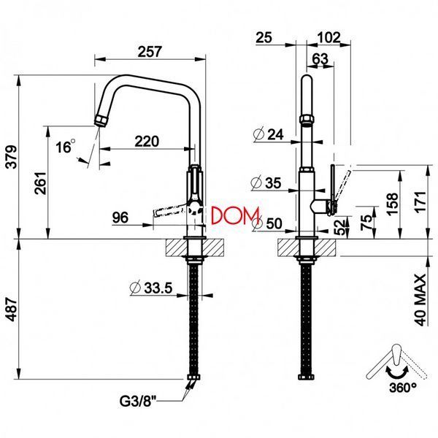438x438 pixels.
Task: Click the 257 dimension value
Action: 150,52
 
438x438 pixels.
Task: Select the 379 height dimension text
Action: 12,157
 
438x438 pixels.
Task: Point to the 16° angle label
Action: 66,146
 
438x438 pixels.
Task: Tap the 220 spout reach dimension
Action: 147,142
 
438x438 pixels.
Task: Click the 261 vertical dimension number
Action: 40,183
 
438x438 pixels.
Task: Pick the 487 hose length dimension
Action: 12,310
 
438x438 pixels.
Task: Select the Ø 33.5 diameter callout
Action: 151,288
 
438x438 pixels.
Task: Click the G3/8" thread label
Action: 137,401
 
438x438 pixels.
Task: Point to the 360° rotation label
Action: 403,388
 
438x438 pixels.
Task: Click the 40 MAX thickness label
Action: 420,300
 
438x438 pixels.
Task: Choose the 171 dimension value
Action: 420,202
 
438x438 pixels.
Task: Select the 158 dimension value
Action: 393,204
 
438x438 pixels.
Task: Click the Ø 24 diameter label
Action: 269,134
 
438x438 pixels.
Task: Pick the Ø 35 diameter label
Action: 266,183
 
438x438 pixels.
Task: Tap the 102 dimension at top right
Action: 328,37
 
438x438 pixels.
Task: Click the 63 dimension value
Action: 320,59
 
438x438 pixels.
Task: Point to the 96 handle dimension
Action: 120,218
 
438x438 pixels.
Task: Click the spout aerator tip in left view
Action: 100,120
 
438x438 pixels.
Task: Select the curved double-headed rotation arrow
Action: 396,372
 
